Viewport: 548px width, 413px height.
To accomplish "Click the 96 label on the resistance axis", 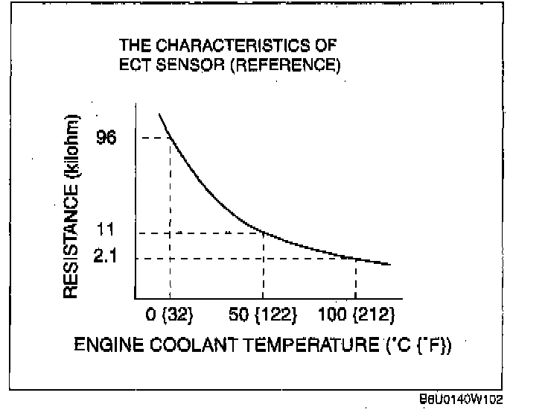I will pyautogui.click(x=106, y=138).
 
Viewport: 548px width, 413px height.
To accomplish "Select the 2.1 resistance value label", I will pyautogui.click(x=105, y=258).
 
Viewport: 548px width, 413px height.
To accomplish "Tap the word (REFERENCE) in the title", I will pyautogui.click(x=284, y=66).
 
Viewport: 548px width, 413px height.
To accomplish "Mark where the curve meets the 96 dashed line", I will pyautogui.click(x=170, y=138).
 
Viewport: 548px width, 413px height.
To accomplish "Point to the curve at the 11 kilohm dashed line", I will pyautogui.click(x=264, y=233).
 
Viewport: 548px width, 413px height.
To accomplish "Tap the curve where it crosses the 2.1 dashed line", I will pyautogui.click(x=356, y=258).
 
